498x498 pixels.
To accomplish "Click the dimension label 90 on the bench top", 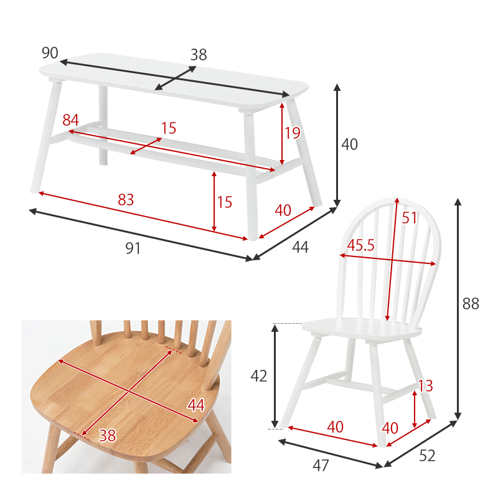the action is (50, 53).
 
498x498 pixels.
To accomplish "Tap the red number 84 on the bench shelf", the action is (70, 120).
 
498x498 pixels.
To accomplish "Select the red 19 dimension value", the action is (292, 133).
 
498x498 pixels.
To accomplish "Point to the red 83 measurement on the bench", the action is (126, 200).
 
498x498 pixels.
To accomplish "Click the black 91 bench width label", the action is (133, 248).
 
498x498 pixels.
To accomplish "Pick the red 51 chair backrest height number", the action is (409, 218).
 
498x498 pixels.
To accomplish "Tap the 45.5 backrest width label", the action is (360, 245).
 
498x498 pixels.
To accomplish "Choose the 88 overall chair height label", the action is (471, 304).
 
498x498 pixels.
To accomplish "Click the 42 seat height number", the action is (259, 377).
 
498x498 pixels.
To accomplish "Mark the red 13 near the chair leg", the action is (425, 386).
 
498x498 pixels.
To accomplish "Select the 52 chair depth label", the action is (427, 456).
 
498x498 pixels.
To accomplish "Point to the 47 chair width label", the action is (321, 466).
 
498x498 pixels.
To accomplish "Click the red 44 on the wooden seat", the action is (196, 405).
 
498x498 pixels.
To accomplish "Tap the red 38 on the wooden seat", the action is (107, 435).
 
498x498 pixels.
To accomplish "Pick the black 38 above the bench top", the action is (199, 55).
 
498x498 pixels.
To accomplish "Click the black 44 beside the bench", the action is (300, 247).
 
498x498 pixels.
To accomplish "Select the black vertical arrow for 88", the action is (458, 309).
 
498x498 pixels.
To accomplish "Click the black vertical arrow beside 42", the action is (275, 376).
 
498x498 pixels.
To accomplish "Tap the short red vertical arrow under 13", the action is (415, 410).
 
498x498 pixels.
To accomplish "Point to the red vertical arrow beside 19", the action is (282, 134).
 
